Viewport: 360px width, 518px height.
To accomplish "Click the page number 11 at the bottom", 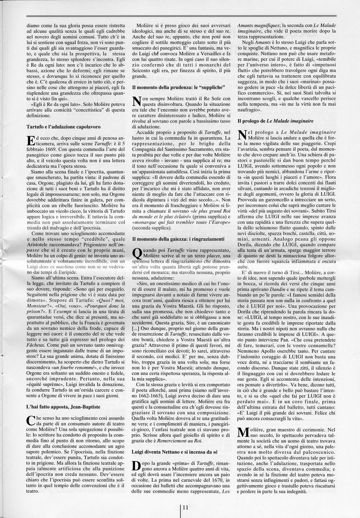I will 185,507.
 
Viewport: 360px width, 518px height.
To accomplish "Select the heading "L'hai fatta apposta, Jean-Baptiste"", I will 63,406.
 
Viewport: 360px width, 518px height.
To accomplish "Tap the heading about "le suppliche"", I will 179,87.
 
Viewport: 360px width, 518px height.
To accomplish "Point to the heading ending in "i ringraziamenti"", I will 179,238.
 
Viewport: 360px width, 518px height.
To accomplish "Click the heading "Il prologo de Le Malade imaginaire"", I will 275,121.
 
